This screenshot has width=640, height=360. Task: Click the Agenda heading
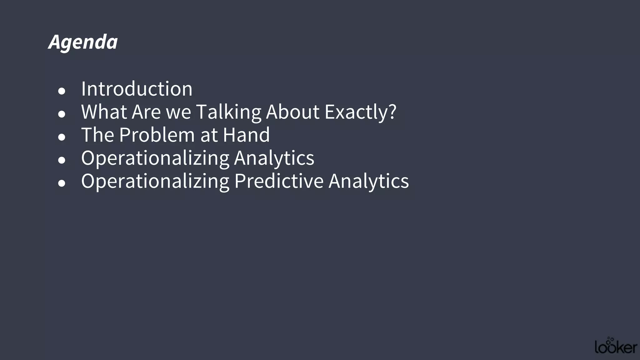(83, 42)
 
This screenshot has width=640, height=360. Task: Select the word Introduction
(137, 89)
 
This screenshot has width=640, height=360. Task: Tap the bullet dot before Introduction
(62, 91)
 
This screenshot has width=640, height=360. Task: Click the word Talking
(228, 112)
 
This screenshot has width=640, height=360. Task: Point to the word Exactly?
(360, 112)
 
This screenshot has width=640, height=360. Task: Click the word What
(104, 112)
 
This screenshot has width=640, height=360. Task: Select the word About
(292, 112)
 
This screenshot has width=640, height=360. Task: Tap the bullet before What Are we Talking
(62, 114)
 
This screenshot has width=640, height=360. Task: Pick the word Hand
(246, 135)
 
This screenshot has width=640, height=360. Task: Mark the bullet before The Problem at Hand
(62, 137)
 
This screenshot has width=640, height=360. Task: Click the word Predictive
(279, 181)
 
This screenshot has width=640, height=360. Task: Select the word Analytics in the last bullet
(368, 181)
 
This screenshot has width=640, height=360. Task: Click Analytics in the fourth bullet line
(274, 158)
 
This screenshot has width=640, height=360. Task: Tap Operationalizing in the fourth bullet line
(155, 158)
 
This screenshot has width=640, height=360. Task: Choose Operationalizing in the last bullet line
(155, 181)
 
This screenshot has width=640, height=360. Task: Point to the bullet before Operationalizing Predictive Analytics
(62, 183)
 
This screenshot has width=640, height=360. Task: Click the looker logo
(616, 346)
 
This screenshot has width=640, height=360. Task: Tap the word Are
(146, 112)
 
